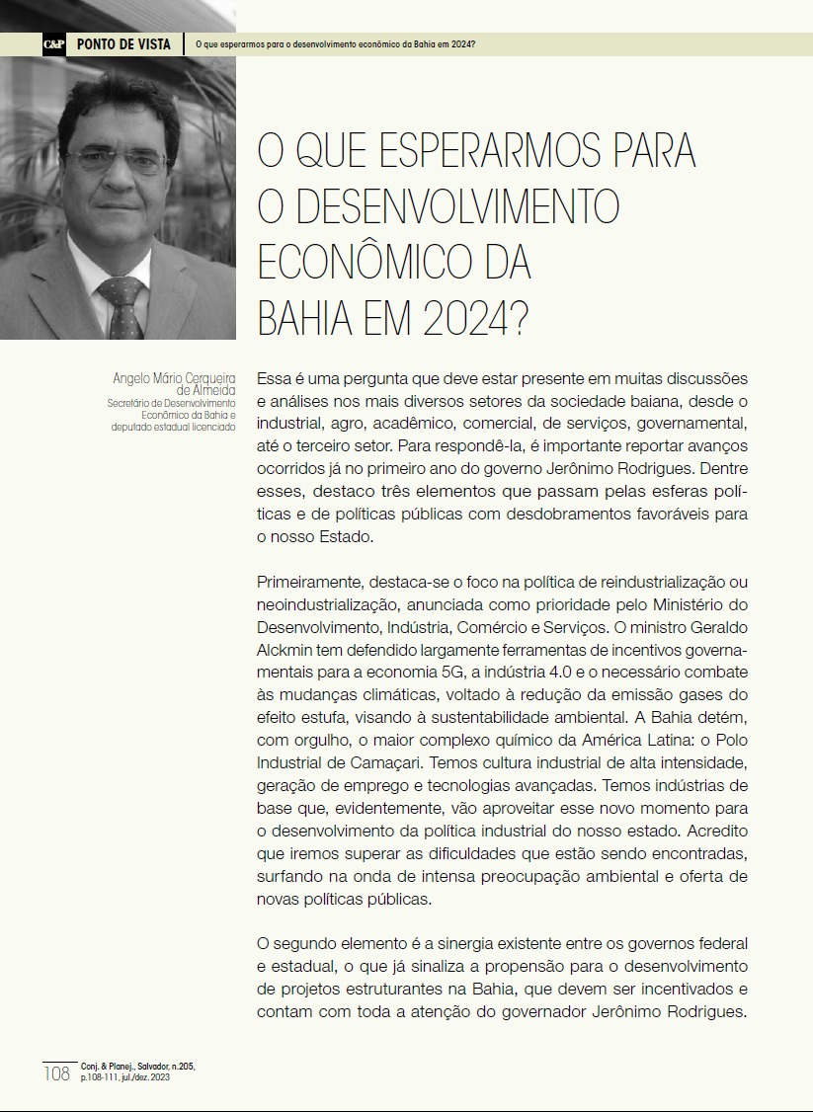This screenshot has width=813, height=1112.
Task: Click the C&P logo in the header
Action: click(x=54, y=44)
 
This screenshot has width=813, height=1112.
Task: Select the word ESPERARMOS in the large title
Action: click(x=452, y=151)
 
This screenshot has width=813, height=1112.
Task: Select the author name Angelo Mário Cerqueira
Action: click(x=174, y=377)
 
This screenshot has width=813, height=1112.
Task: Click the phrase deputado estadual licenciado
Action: click(x=173, y=427)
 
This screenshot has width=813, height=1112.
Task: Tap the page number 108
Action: click(x=56, y=1073)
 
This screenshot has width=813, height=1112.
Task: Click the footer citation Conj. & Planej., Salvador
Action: click(x=144, y=1067)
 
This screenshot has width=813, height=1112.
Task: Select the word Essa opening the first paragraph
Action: click(x=273, y=378)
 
